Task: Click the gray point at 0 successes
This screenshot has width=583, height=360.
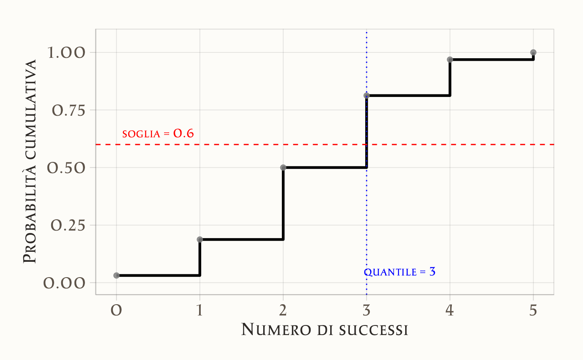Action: click(117, 276)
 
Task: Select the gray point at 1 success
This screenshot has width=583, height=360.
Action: click(200, 239)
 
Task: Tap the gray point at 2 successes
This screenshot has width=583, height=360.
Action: click(283, 167)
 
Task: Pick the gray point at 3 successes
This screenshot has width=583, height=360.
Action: click(366, 95)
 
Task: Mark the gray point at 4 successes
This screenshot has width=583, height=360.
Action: click(450, 60)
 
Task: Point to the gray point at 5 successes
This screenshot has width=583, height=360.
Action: click(533, 52)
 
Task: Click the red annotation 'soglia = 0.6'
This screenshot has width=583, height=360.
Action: click(158, 134)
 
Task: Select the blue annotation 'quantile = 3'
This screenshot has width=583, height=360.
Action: click(400, 272)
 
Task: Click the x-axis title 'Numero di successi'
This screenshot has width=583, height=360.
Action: click(324, 330)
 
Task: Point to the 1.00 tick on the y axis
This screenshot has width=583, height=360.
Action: click(69, 53)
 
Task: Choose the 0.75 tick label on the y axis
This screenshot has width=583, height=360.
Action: click(69, 110)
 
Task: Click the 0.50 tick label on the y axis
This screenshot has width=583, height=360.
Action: click(69, 168)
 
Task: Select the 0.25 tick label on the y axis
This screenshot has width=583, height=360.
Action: click(69, 225)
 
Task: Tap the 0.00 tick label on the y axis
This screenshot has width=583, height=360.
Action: click(69, 283)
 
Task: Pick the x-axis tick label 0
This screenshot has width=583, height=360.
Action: click(117, 310)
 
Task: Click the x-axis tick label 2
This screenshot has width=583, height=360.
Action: click(283, 310)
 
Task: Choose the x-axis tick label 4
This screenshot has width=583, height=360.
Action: click(450, 310)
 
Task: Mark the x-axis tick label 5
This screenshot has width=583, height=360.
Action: click(533, 310)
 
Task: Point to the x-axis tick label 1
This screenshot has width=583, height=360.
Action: click(200, 310)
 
